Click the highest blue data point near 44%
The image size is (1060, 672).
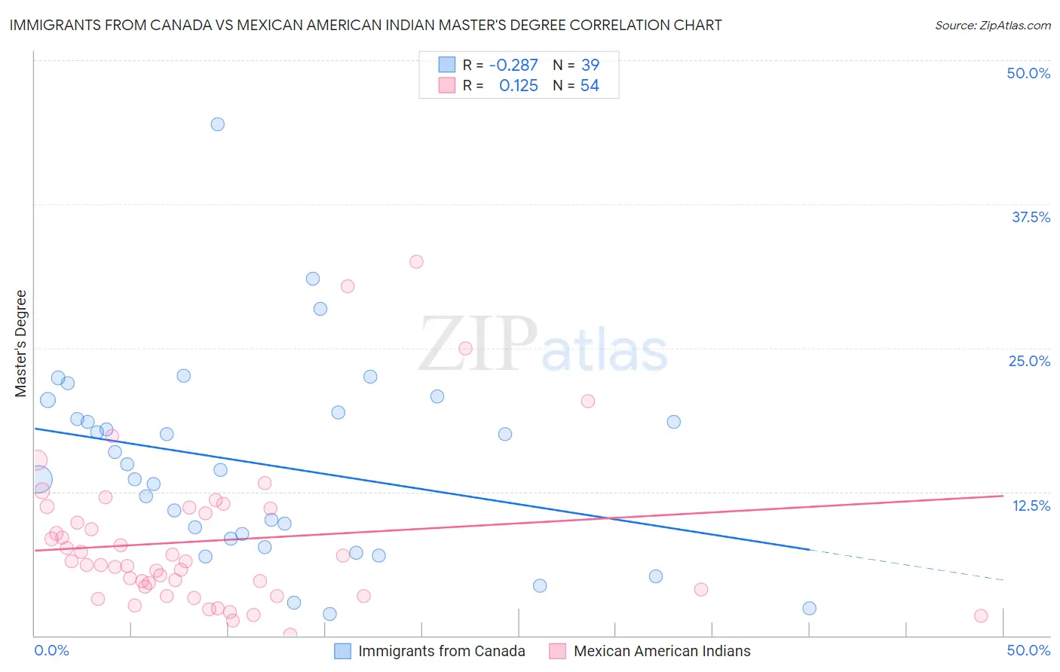click(217, 124)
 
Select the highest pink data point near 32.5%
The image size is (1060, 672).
click(416, 262)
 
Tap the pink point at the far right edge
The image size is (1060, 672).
click(981, 615)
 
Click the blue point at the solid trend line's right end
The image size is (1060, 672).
click(809, 608)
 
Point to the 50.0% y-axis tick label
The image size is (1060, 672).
click(1028, 73)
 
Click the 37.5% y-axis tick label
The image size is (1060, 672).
click(1031, 217)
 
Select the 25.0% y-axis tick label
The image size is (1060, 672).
click(1029, 361)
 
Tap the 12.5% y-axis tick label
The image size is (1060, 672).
click(1031, 506)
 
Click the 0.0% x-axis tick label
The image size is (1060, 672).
click(51, 650)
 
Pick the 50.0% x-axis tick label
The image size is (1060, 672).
click(1028, 650)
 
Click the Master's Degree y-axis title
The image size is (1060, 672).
click(20, 344)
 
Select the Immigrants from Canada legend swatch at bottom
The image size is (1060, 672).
click(343, 651)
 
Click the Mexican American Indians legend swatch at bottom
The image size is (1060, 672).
click(558, 651)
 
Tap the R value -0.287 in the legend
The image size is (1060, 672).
click(513, 66)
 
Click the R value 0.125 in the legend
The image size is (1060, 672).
click(519, 86)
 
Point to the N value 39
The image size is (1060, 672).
click(590, 66)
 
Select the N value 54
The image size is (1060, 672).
click(590, 86)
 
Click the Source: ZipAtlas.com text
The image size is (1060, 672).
click(992, 25)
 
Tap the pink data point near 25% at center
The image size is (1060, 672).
click(465, 348)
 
